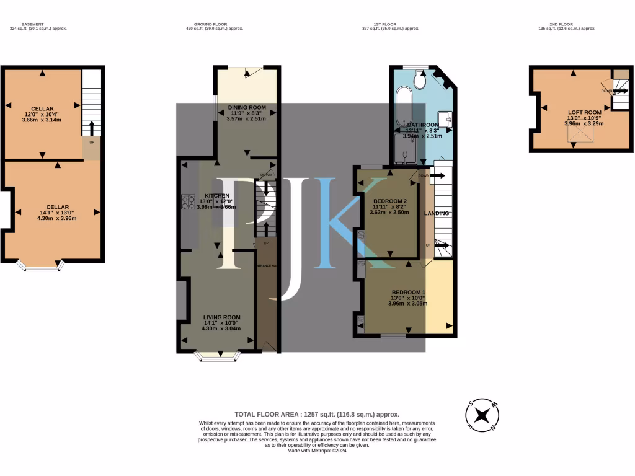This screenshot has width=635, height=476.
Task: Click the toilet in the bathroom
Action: [x=420, y=80]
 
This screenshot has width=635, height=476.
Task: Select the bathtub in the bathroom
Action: [x=404, y=108]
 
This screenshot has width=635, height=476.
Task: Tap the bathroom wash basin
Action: [x=446, y=118]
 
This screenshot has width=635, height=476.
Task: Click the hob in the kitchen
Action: [x=188, y=202]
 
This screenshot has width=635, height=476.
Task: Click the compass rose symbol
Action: [x=482, y=415]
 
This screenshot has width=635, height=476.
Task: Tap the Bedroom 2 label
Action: [x=390, y=201]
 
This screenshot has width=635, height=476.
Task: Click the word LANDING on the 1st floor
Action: [x=437, y=214]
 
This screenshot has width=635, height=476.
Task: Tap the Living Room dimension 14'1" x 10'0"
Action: [x=221, y=322]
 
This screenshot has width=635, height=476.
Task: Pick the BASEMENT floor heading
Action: [x=33, y=24]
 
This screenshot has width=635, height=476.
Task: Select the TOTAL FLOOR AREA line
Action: [x=317, y=414]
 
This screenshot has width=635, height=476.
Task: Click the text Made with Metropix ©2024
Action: [x=317, y=451]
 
